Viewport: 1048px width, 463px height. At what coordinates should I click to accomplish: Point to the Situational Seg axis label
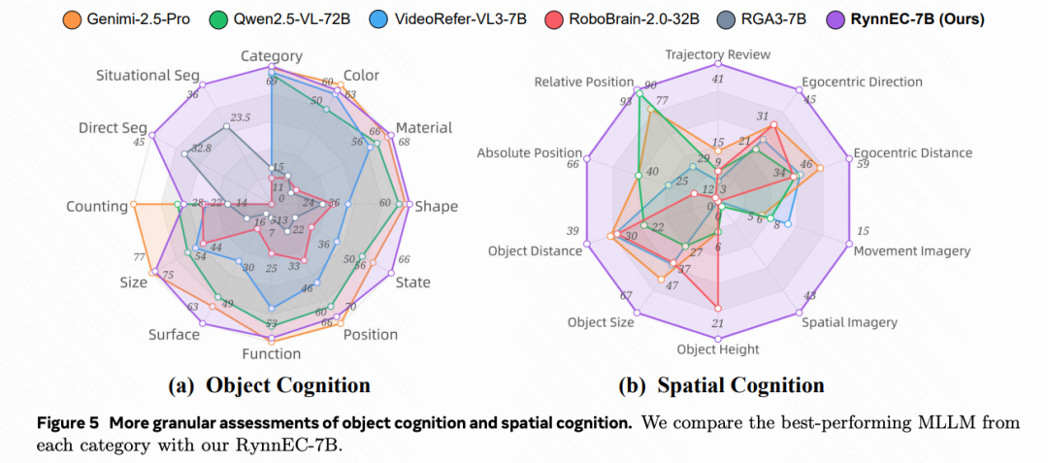coord(147,75)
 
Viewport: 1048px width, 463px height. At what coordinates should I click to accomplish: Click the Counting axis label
coord(97,206)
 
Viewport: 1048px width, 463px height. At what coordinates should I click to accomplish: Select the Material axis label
coord(424,127)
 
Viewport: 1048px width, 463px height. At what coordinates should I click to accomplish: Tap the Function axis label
coord(271,353)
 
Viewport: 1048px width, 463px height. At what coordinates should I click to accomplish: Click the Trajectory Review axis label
coord(718,54)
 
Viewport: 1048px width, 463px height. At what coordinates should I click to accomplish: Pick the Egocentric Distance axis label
coord(912,152)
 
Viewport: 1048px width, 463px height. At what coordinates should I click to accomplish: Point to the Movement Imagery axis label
coord(912,250)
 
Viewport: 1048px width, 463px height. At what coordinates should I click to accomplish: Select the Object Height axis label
coord(718,348)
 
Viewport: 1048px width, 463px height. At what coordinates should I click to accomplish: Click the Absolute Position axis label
coord(529,152)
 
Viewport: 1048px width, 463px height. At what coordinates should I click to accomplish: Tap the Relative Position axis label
coord(583,82)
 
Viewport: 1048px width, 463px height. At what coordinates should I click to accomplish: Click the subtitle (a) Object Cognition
coord(269,385)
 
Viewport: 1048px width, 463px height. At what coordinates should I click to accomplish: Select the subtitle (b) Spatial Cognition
coord(721,385)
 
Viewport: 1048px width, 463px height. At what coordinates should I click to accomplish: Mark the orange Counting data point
coord(133,206)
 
